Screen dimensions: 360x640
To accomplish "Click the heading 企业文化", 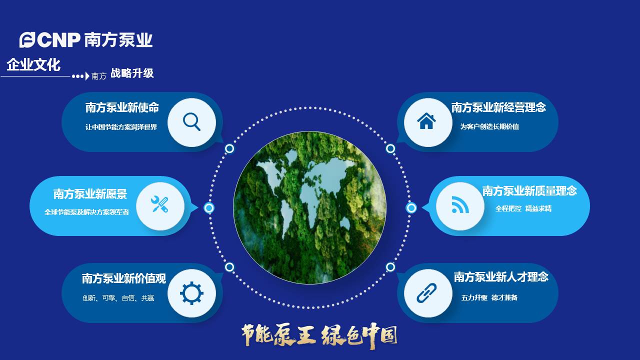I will [33, 65].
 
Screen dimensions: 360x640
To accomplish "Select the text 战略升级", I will [132, 73].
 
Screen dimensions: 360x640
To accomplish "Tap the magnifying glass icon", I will [191, 122].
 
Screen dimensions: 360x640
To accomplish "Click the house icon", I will [426, 121].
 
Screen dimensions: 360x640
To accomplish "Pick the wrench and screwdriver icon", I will [160, 205].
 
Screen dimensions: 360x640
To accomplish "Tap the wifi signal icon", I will [460, 205].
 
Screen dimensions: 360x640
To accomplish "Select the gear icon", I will [191, 293].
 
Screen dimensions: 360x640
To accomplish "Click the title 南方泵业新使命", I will [122, 107].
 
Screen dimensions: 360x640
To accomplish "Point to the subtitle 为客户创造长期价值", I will [489, 127].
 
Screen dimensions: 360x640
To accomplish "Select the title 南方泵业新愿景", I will [90, 194].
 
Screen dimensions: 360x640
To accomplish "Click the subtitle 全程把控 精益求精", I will [523, 209].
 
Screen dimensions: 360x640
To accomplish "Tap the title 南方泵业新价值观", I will [123, 278].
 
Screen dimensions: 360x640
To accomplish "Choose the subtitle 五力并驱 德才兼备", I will [489, 298].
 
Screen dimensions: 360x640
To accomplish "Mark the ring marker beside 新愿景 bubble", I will [209, 207].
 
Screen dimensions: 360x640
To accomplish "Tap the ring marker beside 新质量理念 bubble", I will [411, 207].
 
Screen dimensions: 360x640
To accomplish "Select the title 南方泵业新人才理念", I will [501, 277].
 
